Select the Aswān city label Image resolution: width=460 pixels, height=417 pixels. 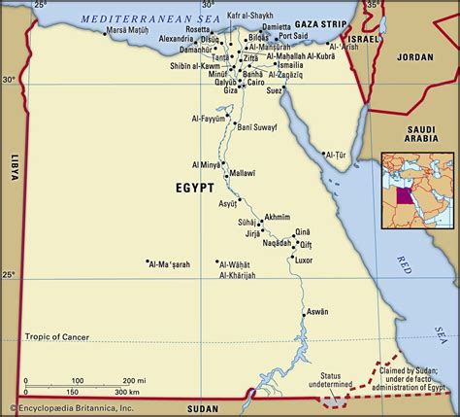point(317,312)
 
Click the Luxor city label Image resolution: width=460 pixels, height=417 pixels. point(304,261)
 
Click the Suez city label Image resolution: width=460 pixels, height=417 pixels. point(302,90)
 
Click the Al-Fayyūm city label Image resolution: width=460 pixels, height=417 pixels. point(209,119)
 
